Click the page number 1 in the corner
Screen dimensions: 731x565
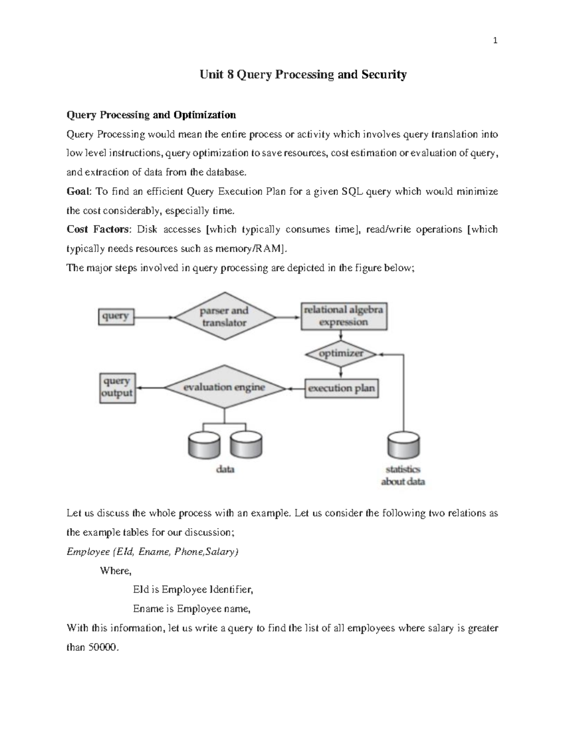(495, 40)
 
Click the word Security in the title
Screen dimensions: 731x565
(384, 75)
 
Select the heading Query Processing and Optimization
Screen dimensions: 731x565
(151, 115)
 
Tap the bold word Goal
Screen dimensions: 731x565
(79, 192)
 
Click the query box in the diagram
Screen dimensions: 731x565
(116, 316)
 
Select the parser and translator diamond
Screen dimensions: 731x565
(224, 317)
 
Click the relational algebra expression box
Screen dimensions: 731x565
(344, 316)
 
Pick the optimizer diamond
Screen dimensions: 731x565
(341, 353)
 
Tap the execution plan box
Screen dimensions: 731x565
(341, 388)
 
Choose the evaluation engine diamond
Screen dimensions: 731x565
(224, 388)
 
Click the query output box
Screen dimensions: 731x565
(117, 388)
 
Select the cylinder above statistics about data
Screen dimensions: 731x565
(403, 445)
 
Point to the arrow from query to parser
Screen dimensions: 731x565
(154, 317)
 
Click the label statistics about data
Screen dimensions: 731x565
(403, 475)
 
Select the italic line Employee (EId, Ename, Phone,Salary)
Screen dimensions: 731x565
(153, 552)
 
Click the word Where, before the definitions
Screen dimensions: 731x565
(116, 571)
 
